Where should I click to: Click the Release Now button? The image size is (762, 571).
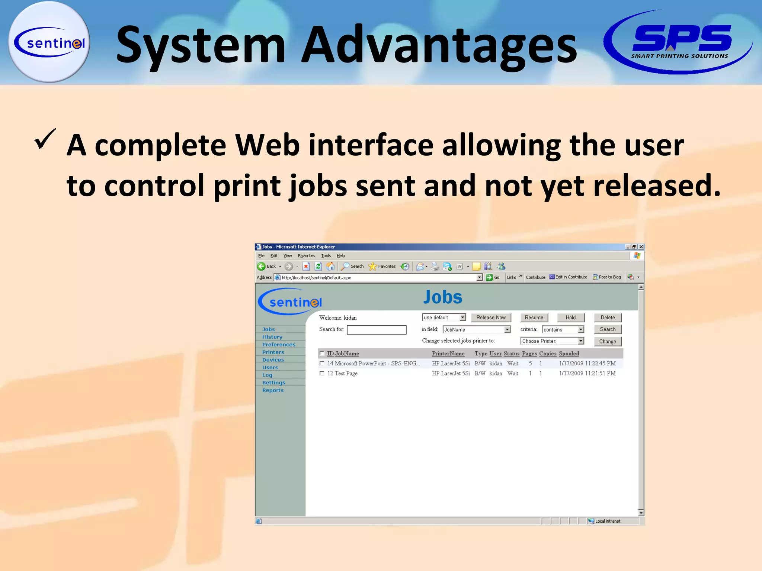[x=491, y=317]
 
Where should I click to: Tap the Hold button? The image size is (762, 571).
[x=570, y=317]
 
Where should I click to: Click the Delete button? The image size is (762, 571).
[x=607, y=317]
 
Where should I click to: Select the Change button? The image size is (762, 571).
[x=607, y=341]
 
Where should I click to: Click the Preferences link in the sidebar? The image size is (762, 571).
[x=279, y=345]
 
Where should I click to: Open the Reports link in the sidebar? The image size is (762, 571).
[x=273, y=390]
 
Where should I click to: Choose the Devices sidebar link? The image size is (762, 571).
[x=273, y=360]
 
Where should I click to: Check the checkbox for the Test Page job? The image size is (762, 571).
[x=322, y=374]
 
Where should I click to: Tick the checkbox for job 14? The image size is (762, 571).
[x=322, y=364]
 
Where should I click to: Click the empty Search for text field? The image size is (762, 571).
[x=377, y=330]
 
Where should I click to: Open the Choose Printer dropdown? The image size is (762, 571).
[x=552, y=341]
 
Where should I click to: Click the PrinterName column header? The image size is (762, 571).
[x=448, y=354]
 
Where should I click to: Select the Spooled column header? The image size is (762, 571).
[x=569, y=354]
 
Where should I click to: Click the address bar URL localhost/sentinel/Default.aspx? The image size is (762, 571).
[x=316, y=278]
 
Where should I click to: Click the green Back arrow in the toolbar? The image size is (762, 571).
[x=261, y=266]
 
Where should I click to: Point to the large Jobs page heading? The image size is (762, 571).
[x=443, y=297]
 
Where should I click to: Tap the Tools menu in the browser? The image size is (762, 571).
[x=326, y=256]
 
